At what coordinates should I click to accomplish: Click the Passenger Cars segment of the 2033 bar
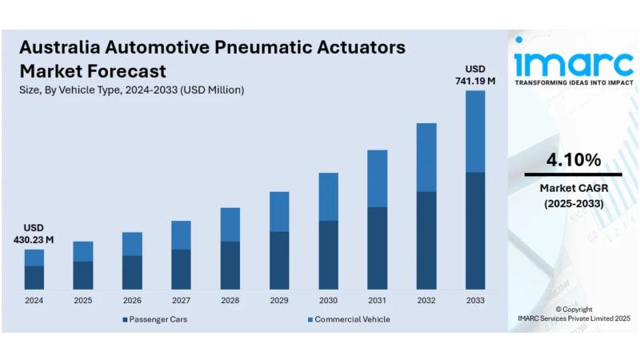(x=475, y=230)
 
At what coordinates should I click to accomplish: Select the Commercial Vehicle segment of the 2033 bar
(x=475, y=131)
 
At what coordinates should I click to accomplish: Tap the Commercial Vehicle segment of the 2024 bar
(x=34, y=258)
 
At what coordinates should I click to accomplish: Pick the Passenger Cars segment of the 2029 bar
(x=279, y=261)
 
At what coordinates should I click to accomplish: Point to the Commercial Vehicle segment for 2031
(x=377, y=178)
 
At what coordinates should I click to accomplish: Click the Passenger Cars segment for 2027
(x=182, y=270)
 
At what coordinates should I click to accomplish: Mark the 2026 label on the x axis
(x=132, y=301)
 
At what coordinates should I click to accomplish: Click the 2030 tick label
(x=328, y=301)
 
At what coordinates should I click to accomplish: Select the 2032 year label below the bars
(x=426, y=301)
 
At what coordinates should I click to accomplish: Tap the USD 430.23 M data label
(x=34, y=234)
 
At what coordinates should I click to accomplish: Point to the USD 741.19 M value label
(x=475, y=75)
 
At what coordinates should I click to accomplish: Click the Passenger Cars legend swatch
(x=125, y=319)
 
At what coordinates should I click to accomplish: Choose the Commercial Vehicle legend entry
(x=349, y=319)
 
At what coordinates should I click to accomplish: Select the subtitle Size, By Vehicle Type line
(x=131, y=90)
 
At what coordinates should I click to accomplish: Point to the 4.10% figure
(x=574, y=159)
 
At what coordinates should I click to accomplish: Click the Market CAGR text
(x=574, y=188)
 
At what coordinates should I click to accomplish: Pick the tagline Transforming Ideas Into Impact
(x=574, y=82)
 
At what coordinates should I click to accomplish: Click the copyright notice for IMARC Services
(x=574, y=314)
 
